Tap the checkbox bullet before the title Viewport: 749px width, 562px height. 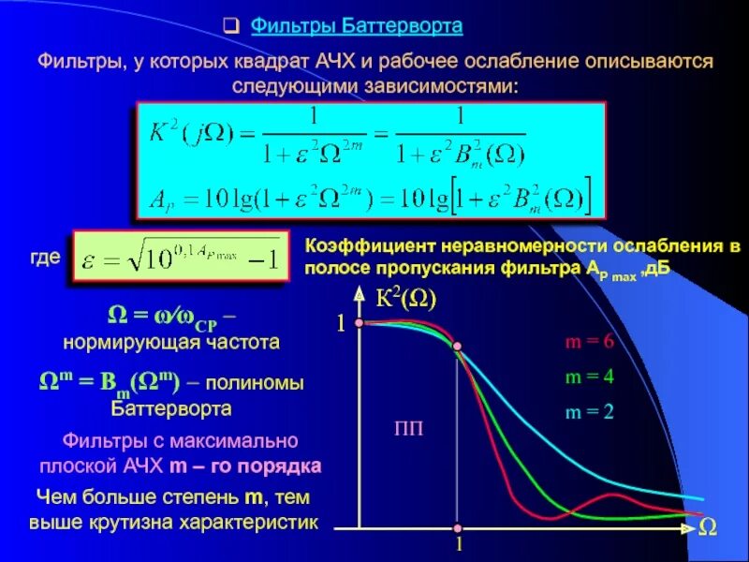(237, 26)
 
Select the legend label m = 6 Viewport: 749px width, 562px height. (589, 342)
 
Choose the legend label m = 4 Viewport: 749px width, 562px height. (589, 377)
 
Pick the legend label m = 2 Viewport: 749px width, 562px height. (589, 411)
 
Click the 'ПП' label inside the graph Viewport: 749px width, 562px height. (407, 429)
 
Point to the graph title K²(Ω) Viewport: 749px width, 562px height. (405, 299)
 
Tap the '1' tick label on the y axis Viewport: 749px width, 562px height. (342, 323)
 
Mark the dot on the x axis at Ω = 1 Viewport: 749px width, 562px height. (458, 526)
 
